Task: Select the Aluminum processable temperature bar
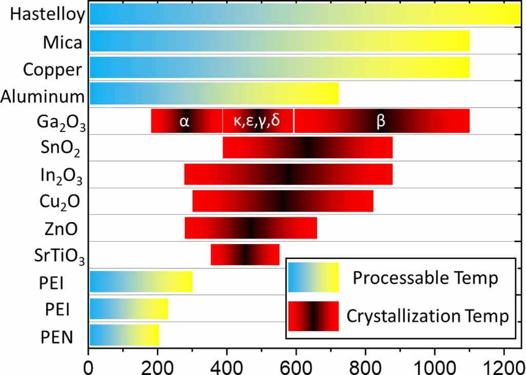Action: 214,94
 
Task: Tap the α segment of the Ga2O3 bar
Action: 186,121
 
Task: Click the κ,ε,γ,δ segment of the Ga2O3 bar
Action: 258,121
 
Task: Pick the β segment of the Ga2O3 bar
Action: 382,121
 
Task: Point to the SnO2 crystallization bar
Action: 308,148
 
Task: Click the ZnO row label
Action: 60,229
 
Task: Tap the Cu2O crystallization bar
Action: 283,201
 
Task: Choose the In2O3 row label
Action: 61,175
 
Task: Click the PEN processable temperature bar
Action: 124,335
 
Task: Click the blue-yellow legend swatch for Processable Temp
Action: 313,278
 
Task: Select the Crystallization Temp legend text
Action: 427,316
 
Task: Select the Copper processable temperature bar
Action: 280,67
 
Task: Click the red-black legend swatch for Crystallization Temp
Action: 313,316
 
